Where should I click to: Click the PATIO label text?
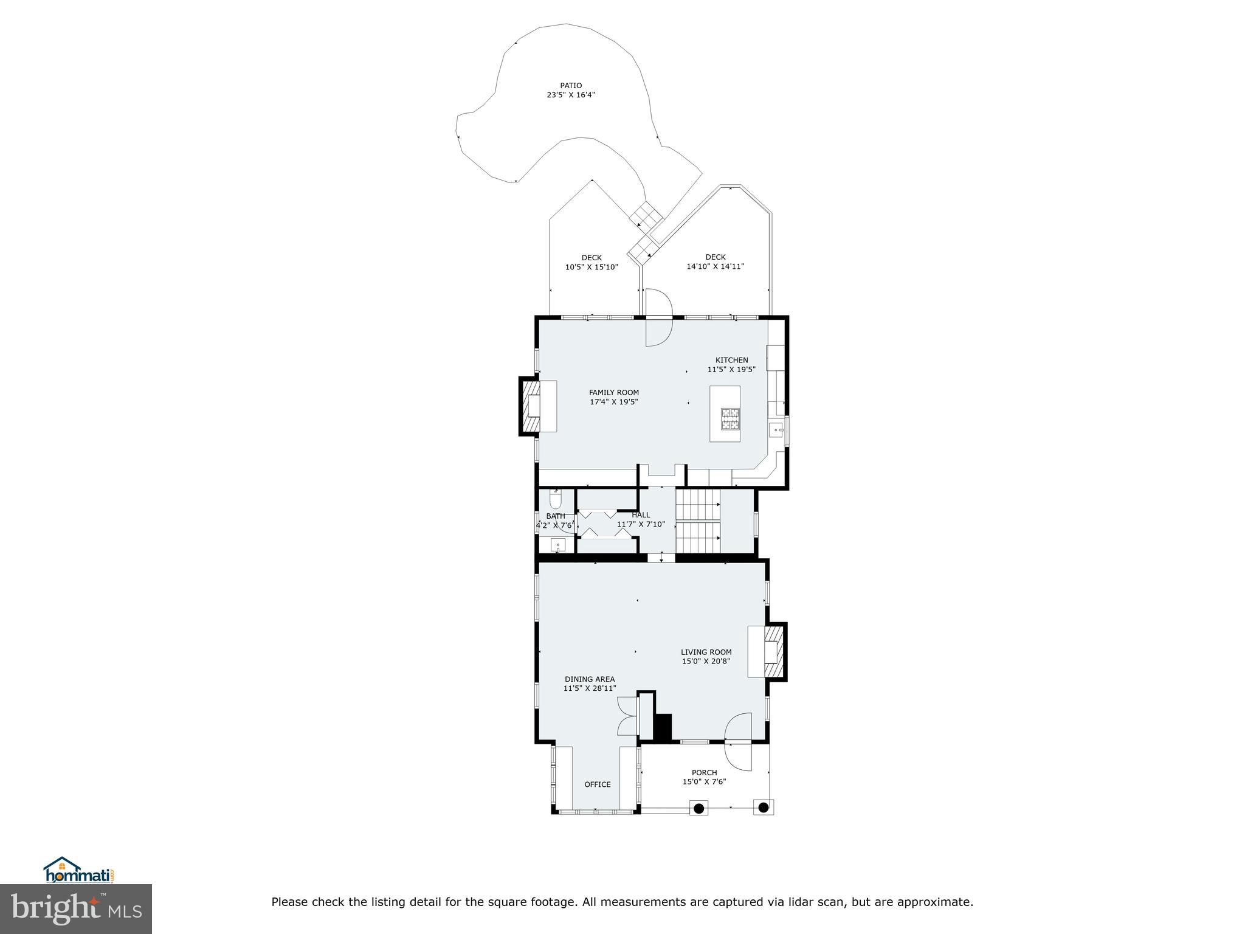570,86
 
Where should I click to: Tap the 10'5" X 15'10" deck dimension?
591,267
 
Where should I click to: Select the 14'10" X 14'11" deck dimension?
715,266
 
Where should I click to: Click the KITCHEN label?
731,360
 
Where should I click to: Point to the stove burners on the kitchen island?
731,418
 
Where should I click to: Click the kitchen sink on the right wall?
776,431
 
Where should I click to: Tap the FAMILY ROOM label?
613,392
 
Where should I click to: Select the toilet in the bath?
555,500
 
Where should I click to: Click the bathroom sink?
557,545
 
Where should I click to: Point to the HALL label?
641,514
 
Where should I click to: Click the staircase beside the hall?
698,522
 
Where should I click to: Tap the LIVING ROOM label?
706,652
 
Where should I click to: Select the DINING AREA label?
589,679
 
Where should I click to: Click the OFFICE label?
597,784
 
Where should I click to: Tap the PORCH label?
704,773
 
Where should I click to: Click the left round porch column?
699,808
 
